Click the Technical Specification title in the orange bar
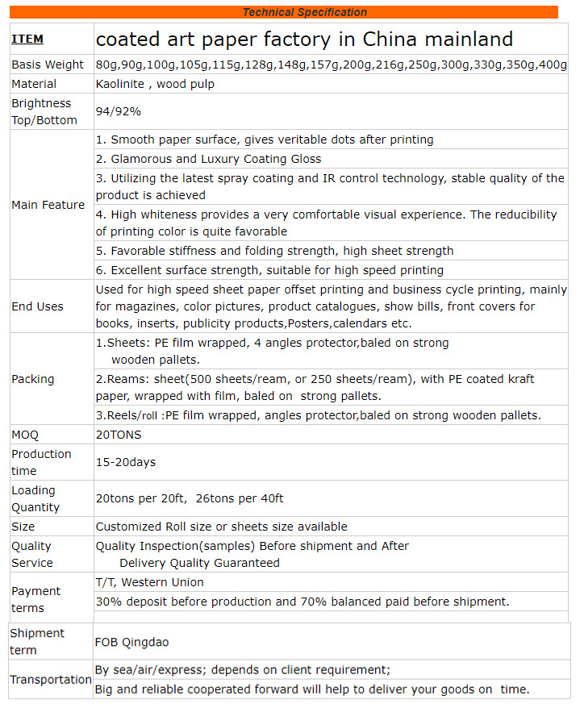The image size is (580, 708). point(304,12)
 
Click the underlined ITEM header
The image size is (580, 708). point(27,39)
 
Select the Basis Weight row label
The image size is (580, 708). point(48,65)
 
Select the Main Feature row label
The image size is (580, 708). point(48,205)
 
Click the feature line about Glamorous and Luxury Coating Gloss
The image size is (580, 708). point(208,159)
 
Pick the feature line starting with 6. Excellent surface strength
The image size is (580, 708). point(269,270)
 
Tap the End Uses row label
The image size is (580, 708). point(37,306)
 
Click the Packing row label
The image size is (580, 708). point(33,379)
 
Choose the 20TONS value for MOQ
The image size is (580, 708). point(118,435)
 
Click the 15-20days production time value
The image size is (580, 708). point(125,462)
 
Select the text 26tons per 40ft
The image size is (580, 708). point(240,498)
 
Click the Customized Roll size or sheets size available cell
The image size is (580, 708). point(221,527)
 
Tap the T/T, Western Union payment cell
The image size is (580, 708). point(149,582)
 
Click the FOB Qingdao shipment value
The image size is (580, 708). point(132,642)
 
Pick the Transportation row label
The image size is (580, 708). point(50,680)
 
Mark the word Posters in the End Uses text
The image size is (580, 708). point(309,323)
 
